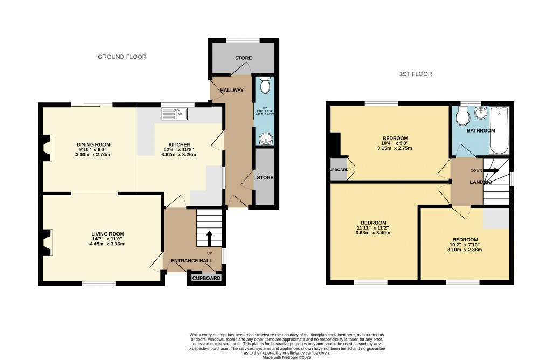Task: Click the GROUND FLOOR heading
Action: coord(121,57)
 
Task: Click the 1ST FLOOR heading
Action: coord(416,74)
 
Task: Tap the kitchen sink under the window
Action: coord(175,114)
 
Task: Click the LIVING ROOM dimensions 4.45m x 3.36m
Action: coord(107,244)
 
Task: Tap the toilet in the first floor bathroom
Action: coord(461,115)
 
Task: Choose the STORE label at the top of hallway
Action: coord(243,58)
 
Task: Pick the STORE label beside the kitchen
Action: coord(265,178)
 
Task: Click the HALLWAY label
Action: coord(232,90)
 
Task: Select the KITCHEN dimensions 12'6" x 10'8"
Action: coord(180,149)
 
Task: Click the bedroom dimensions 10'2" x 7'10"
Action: coord(465,245)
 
